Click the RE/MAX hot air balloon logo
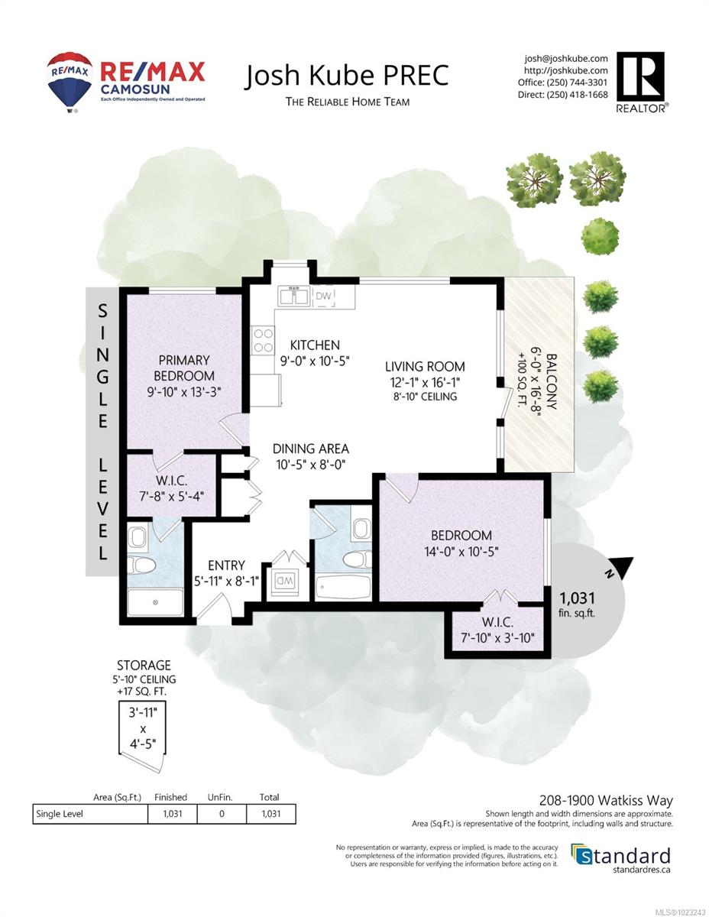click(70, 82)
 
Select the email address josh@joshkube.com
click(566, 58)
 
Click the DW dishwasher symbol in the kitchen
click(323, 296)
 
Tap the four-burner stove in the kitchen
click(262, 340)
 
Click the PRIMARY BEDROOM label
click(184, 368)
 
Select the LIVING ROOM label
click(425, 366)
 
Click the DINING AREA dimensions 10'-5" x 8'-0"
click(311, 465)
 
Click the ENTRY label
click(226, 565)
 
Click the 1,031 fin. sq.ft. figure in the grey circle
click(577, 604)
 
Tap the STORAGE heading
click(144, 666)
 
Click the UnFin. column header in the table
click(220, 797)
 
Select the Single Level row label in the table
click(60, 814)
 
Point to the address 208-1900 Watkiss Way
click(606, 800)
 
